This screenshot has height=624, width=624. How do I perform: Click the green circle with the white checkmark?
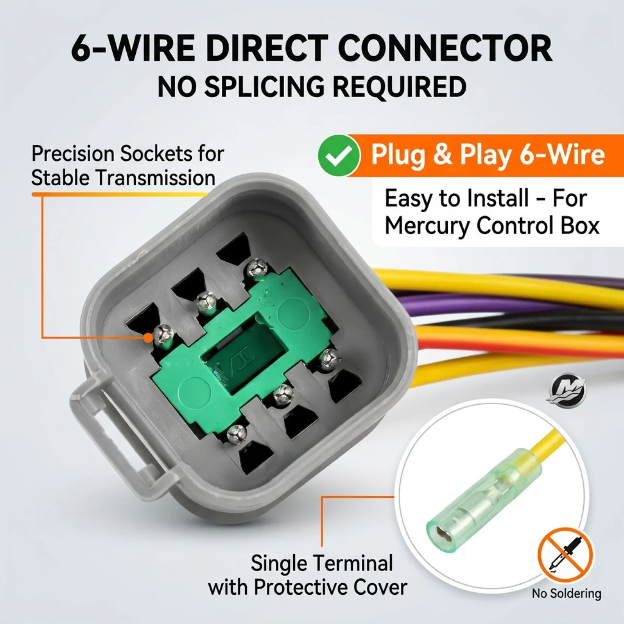tap(339, 156)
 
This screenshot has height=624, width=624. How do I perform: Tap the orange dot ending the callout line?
tap(148, 338)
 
